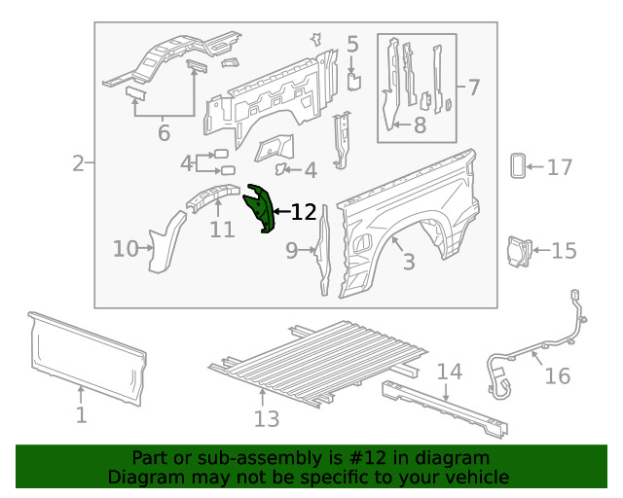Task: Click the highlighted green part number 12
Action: click(x=260, y=209)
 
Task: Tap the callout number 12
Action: click(x=304, y=212)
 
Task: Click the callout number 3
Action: click(x=408, y=262)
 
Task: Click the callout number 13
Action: click(x=266, y=418)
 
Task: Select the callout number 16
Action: click(x=557, y=375)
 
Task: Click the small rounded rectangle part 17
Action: click(x=517, y=166)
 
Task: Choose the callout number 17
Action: click(x=559, y=168)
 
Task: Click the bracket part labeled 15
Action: click(x=515, y=250)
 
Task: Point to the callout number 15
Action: click(x=564, y=252)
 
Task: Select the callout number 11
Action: click(x=222, y=230)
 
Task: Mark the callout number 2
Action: click(x=78, y=163)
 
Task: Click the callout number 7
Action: click(x=473, y=89)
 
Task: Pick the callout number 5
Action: click(x=352, y=44)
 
